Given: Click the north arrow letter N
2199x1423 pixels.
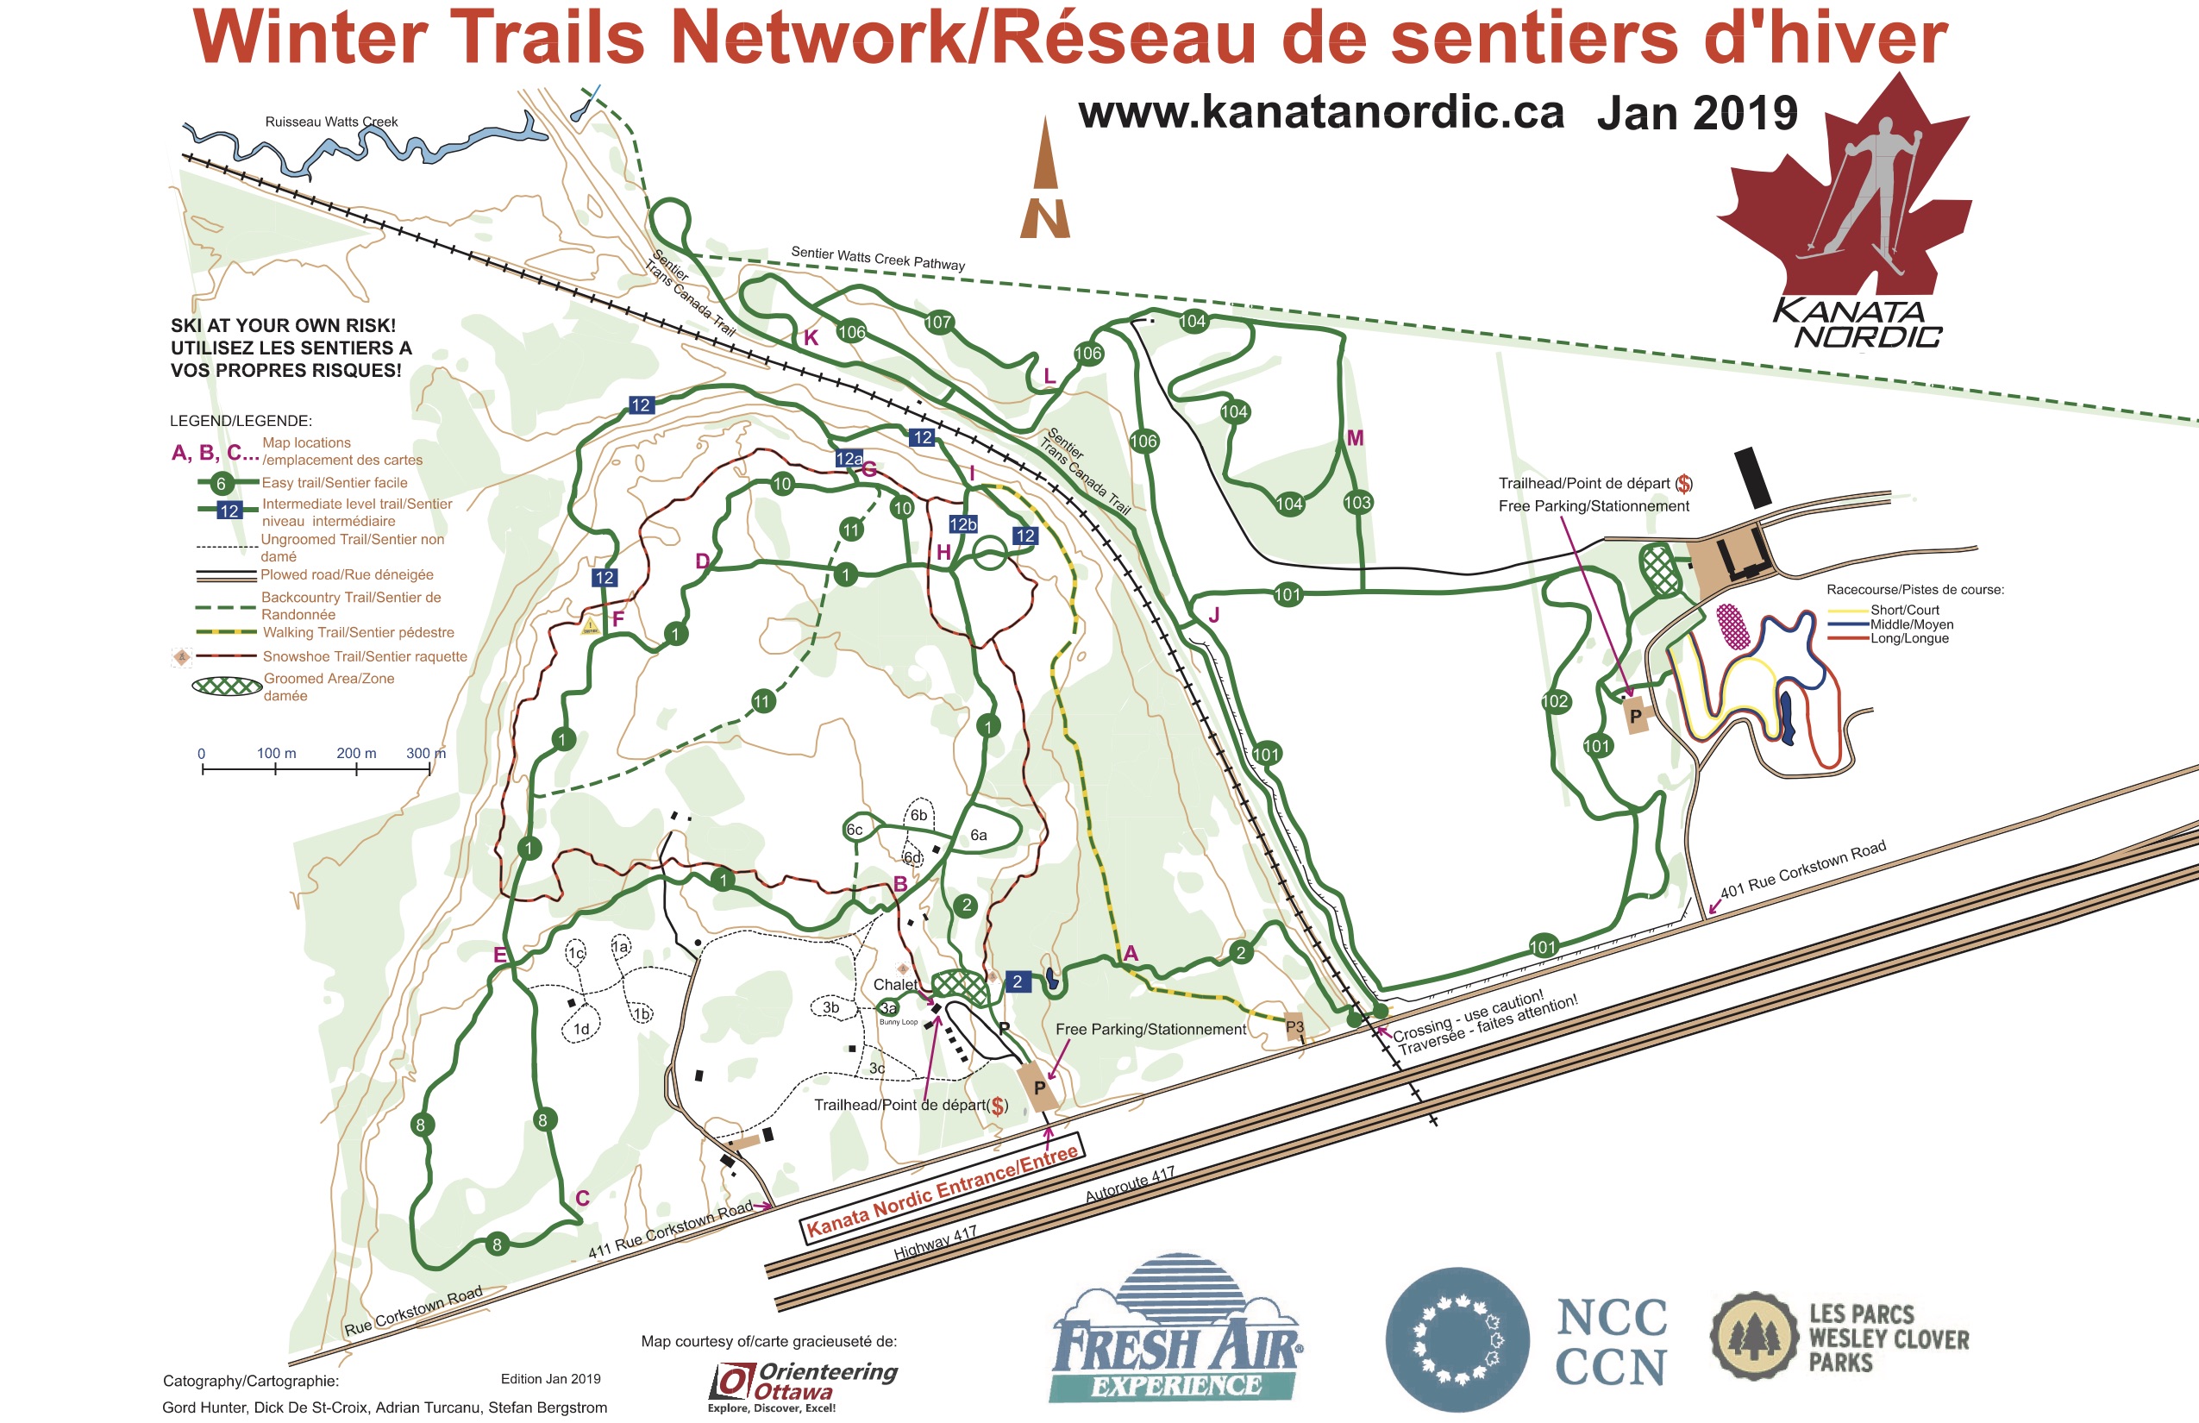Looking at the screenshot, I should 1045,220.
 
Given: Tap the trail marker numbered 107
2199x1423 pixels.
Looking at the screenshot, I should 938,322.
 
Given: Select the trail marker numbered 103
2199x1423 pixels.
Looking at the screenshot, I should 1357,503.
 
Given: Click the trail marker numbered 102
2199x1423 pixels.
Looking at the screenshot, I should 1555,701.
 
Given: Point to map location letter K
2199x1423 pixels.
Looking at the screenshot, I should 811,338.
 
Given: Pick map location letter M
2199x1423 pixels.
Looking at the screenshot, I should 1355,438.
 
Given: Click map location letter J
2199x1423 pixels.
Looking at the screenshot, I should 1214,616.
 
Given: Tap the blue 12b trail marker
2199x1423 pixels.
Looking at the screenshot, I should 962,524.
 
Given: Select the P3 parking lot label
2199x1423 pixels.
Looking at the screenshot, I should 1294,1026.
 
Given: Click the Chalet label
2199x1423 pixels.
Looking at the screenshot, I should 895,985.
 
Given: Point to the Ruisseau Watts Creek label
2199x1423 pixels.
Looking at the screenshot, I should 331,122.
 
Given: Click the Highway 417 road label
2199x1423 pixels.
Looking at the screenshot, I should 935,1243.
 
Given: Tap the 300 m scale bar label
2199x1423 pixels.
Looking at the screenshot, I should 425,753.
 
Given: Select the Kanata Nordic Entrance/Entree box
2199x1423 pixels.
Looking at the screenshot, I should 941,1192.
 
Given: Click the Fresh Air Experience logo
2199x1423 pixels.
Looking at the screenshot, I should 1175,1331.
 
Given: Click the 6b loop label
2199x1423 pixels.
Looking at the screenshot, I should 918,815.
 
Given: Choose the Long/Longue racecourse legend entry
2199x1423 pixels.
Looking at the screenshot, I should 1909,638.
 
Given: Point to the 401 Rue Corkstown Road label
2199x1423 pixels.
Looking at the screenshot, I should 1801,870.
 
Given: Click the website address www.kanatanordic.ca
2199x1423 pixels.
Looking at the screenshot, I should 1321,113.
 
